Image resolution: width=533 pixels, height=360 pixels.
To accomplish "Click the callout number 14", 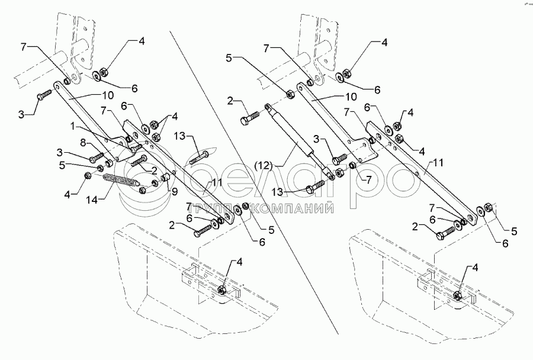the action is click(x=92, y=200).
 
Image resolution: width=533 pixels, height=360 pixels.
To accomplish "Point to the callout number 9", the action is click(x=174, y=192).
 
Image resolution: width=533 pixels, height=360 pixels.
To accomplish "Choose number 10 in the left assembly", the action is click(x=108, y=95).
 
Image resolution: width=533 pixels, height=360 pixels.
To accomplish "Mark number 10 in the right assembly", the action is click(x=351, y=97).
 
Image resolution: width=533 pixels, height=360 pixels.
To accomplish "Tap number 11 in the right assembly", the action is click(x=438, y=163).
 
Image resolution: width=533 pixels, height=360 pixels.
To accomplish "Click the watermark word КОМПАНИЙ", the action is click(x=294, y=208).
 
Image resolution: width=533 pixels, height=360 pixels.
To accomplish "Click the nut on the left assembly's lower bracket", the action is click(x=221, y=290).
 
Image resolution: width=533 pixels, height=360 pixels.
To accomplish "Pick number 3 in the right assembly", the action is click(x=316, y=139).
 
